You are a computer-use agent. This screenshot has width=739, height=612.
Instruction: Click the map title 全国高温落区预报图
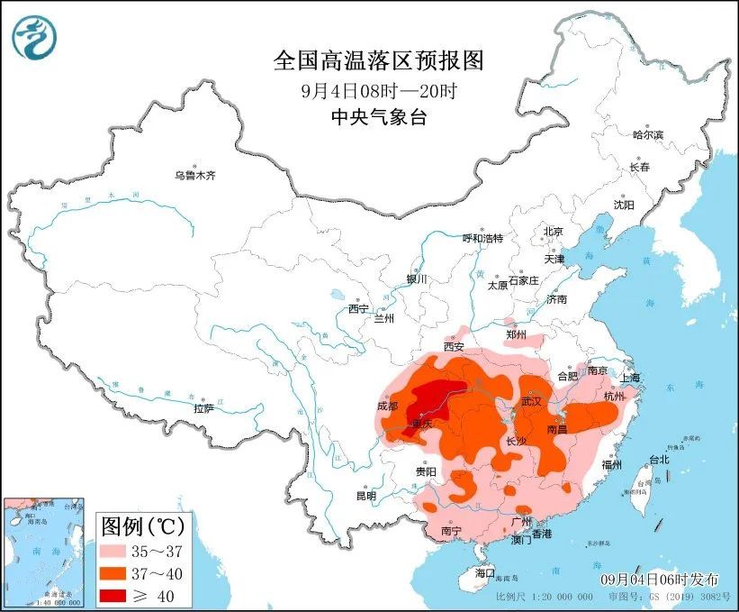378,61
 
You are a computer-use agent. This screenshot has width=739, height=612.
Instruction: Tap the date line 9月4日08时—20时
378,91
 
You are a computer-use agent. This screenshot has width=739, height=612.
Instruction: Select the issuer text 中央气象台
378,117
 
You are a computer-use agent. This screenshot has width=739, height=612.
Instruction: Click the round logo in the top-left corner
33,38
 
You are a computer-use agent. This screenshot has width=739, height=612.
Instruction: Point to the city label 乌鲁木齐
195,175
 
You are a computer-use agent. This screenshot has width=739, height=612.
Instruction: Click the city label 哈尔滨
647,134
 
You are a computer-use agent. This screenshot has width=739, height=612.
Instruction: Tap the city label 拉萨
203,408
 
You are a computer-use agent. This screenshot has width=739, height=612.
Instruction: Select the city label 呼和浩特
482,238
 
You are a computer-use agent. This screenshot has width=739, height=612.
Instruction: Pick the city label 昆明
365,495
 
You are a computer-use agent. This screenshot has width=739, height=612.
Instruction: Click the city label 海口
485,573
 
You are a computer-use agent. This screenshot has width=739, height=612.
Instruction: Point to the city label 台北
659,460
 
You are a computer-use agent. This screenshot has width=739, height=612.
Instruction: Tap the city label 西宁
358,308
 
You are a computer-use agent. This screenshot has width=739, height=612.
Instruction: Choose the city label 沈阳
624,205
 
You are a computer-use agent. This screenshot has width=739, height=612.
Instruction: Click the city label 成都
387,406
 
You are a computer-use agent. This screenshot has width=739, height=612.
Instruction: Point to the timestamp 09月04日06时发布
654,577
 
